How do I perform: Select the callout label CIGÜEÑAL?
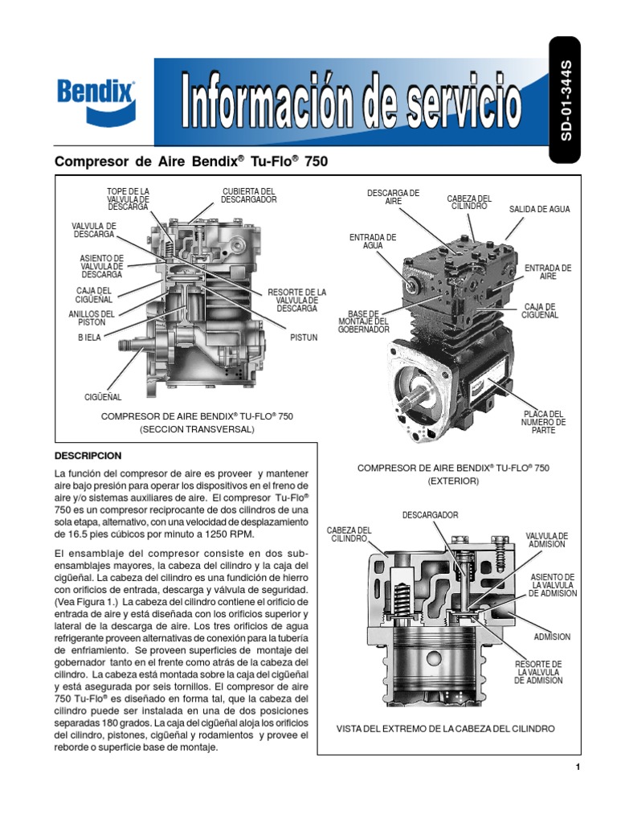tap(103, 396)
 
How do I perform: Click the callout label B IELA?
tap(89, 338)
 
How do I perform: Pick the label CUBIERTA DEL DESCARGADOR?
tap(249, 194)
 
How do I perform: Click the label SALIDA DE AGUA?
tap(539, 209)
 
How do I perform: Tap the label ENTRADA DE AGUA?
tap(372, 242)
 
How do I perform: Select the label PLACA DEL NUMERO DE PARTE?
tap(544, 422)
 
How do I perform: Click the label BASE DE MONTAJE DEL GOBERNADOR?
tap(363, 321)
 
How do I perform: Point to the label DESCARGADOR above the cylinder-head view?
tap(431, 514)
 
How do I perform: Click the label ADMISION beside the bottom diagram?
tap(553, 637)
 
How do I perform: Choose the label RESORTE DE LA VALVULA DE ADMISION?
tap(538, 672)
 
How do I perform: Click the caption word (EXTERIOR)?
tap(453, 481)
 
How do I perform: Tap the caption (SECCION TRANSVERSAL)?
tap(197, 430)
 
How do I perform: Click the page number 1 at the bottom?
tap(578, 768)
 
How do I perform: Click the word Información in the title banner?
tap(276, 103)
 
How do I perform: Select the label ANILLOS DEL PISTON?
tap(92, 317)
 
